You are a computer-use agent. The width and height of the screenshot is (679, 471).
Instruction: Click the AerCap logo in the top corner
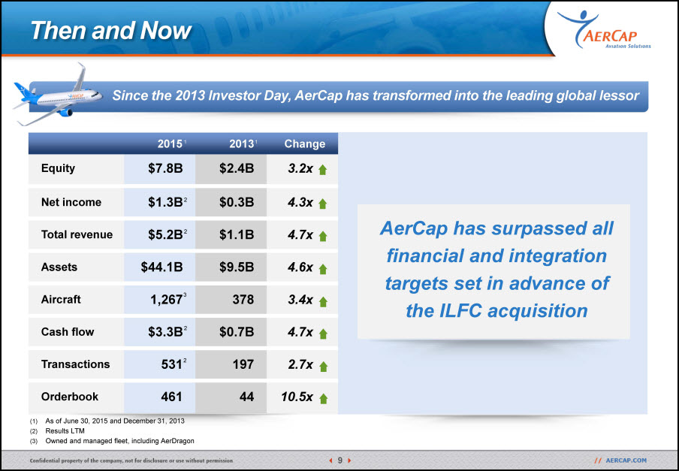(604, 29)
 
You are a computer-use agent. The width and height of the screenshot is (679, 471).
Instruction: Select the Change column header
(304, 143)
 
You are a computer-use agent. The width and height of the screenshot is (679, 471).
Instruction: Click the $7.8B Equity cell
(165, 168)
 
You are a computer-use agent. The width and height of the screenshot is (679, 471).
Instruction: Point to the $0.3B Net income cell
(237, 202)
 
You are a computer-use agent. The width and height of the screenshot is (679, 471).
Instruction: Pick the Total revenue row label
(77, 234)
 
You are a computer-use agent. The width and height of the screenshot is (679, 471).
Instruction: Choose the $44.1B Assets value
(162, 267)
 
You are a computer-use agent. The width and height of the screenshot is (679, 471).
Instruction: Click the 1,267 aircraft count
(166, 300)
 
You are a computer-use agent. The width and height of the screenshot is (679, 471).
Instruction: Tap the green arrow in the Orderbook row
(323, 398)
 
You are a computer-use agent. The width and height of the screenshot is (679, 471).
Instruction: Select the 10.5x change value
(297, 397)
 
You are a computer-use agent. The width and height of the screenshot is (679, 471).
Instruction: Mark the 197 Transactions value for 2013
(243, 364)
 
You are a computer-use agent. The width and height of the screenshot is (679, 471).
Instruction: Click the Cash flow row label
(68, 332)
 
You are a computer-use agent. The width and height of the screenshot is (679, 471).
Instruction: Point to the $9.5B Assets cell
(237, 267)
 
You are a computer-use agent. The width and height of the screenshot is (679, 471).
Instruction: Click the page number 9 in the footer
(340, 460)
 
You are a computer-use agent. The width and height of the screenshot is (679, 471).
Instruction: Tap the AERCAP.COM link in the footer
(626, 460)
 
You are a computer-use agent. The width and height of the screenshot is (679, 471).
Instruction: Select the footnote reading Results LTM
(65, 430)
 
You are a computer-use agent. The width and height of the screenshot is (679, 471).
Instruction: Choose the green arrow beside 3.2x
(323, 170)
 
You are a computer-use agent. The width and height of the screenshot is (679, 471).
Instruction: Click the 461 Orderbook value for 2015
(171, 397)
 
